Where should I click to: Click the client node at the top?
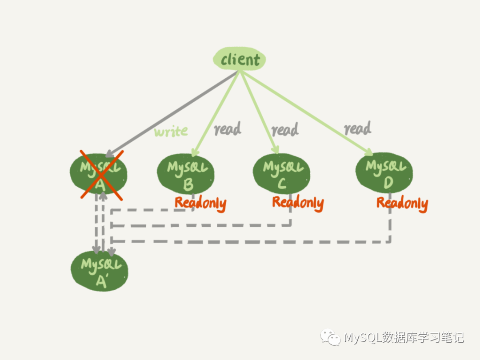(240, 60)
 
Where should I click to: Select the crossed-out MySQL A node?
(99, 174)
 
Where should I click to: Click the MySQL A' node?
(100, 271)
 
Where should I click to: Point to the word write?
(171, 131)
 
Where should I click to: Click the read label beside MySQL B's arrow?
(228, 129)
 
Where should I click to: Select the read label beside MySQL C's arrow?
(285, 130)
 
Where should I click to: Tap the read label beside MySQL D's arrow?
(357, 129)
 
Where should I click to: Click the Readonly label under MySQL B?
(200, 204)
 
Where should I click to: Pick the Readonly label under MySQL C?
(298, 203)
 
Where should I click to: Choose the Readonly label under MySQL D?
(402, 204)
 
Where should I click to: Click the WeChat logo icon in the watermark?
(330, 338)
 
